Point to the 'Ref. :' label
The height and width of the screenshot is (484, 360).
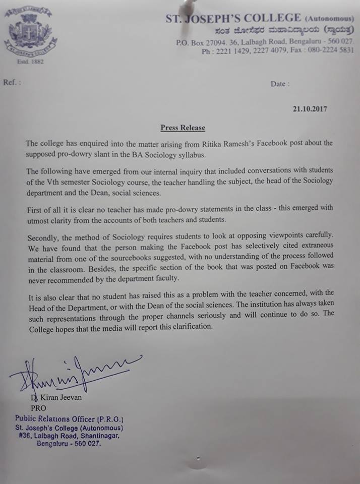click(x=13, y=82)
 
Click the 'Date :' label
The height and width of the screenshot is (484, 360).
click(x=280, y=84)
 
